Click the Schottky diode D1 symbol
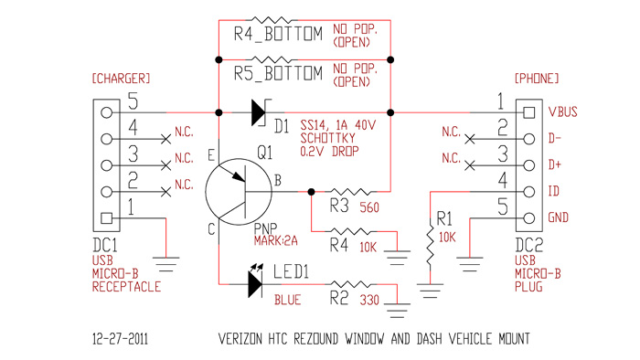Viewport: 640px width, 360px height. click(x=260, y=112)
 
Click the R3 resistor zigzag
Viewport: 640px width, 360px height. click(x=350, y=191)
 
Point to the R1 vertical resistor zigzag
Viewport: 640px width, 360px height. click(x=431, y=245)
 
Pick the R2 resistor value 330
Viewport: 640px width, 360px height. click(x=369, y=300)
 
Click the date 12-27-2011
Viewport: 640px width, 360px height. click(x=120, y=339)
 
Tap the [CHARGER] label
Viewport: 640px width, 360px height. click(x=122, y=79)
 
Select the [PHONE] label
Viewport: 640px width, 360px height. click(x=537, y=79)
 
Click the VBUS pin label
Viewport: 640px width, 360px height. click(x=562, y=111)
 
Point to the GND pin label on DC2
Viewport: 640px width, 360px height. click(x=558, y=217)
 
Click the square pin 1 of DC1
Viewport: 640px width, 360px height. click(x=107, y=218)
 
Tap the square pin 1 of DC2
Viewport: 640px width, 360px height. click(x=529, y=112)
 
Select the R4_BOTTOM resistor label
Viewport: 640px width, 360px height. click(x=278, y=34)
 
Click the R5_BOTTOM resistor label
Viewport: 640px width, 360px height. click(x=278, y=73)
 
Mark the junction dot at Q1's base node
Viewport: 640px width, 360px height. click(x=311, y=191)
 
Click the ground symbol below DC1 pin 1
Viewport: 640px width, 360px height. click(x=166, y=264)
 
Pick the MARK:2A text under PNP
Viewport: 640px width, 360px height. click(x=275, y=241)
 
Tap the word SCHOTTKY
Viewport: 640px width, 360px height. click(x=327, y=138)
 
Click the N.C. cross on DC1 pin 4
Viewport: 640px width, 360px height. click(x=165, y=139)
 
